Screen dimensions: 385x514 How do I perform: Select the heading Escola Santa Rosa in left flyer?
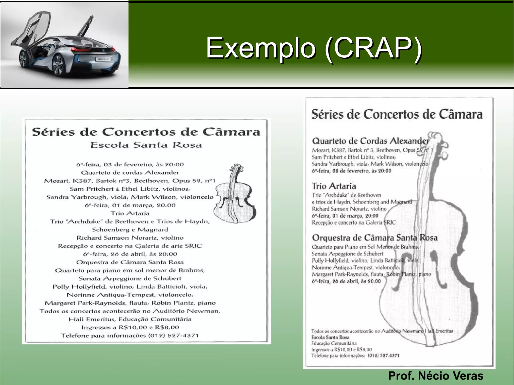click(x=146, y=145)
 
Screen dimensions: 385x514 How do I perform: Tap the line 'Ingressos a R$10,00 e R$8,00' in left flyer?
click(x=130, y=327)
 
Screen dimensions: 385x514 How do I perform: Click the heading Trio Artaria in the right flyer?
click(x=334, y=186)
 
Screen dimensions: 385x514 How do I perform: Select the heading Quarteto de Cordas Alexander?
click(x=370, y=141)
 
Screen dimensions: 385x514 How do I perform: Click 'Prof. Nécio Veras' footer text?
click(x=436, y=376)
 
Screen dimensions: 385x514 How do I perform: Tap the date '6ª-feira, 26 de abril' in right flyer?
click(x=346, y=281)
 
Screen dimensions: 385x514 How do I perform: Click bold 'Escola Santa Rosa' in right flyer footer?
click(x=330, y=337)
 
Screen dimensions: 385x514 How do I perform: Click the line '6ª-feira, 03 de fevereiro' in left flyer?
click(x=130, y=165)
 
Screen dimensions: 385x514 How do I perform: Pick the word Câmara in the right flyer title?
click(x=461, y=114)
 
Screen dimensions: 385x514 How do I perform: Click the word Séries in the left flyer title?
click(x=53, y=132)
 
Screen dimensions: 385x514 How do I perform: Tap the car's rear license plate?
click(x=103, y=59)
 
